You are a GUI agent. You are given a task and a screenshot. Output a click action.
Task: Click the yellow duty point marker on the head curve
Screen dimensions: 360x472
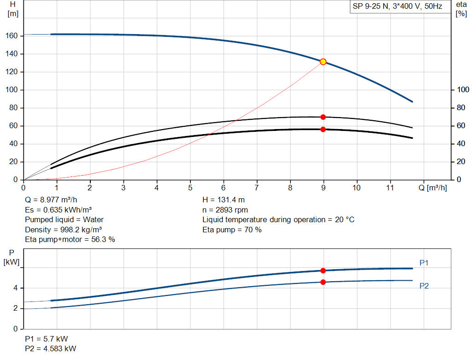(323, 62)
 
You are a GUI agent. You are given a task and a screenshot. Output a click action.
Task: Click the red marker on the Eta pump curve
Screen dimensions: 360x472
(323, 117)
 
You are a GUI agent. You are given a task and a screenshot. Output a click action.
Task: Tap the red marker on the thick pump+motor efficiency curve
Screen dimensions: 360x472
(323, 130)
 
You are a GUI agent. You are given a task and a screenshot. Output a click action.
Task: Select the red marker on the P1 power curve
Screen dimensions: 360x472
(323, 271)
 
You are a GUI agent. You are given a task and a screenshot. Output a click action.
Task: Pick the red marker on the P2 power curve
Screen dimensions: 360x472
(323, 282)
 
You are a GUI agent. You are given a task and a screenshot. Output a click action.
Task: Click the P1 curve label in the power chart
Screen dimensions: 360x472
(424, 263)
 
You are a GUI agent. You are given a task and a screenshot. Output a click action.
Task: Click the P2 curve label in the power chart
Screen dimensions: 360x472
(424, 286)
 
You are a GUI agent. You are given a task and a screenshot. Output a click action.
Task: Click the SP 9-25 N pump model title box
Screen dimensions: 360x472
(397, 6)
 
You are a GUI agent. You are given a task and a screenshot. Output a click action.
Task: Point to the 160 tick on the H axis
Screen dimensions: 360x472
(12, 36)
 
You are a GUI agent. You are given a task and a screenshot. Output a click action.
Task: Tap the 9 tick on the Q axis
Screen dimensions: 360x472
(324, 188)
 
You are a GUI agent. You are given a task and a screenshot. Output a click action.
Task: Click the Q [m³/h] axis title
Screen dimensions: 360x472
(432, 188)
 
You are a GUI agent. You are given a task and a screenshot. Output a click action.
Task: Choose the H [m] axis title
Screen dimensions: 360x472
(13, 9)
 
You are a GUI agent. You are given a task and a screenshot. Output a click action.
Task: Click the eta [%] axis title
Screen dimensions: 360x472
(461, 9)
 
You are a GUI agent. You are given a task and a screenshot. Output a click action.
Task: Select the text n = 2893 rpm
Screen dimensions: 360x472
(225, 210)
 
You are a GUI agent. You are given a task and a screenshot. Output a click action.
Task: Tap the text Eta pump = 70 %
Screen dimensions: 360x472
(232, 230)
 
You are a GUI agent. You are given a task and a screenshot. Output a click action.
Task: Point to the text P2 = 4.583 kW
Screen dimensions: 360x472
(51, 348)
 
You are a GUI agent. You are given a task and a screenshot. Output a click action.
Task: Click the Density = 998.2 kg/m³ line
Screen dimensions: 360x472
(64, 230)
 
